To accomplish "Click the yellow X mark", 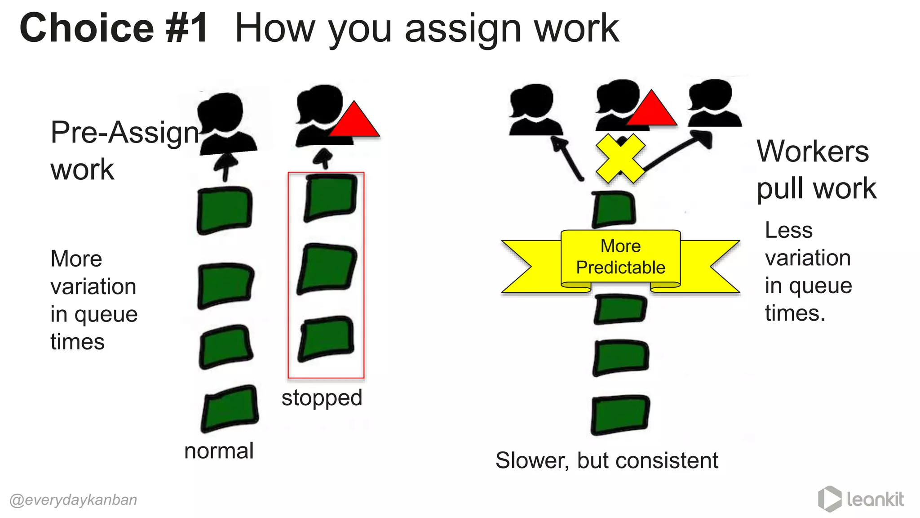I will coord(620,158).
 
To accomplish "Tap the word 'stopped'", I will coord(322,398).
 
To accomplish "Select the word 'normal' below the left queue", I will coord(219,451).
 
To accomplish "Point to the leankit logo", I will coord(861,499).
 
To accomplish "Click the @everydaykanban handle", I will coord(73,500).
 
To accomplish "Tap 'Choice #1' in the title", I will coord(114,28).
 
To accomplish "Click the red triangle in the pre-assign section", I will coord(354,121).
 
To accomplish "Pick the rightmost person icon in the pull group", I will coord(714,104).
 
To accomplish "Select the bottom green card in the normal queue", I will coord(230,408).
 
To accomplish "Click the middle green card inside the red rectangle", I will coord(327,268).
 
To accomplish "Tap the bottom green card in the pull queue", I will coord(620,415).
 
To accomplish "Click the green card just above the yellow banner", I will coord(614,209).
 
